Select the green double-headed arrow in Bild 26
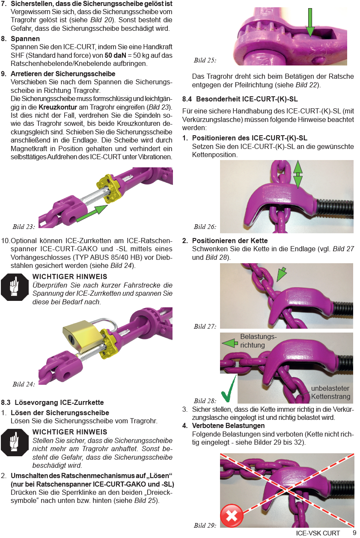coord(298,175)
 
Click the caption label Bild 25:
coord(205,60)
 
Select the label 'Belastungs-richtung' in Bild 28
coord(258,341)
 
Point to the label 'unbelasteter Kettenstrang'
coord(330,392)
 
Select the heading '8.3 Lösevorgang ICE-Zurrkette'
coord(52,402)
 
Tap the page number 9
coord(354,533)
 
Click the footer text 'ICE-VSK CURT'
coord(318,533)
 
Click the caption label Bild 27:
coord(205,326)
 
